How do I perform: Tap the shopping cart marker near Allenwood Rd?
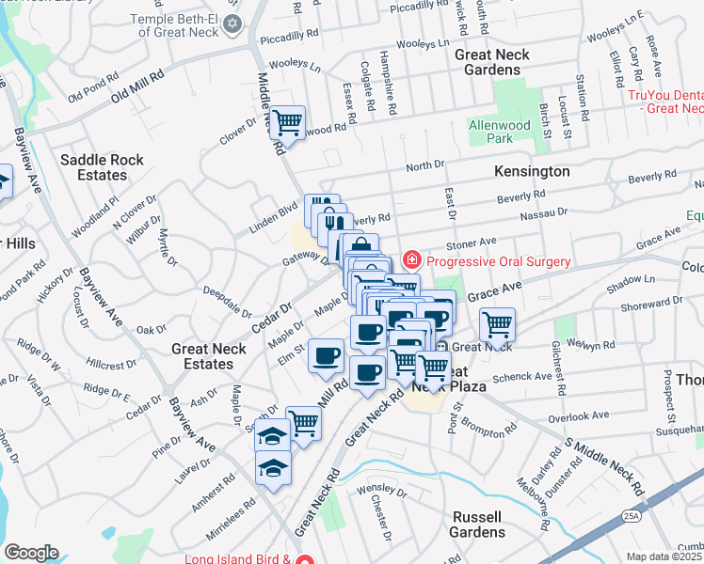(x=288, y=122)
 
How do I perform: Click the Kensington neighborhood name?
(x=532, y=172)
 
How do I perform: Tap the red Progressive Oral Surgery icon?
(x=410, y=259)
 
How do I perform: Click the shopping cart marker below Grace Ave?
(x=497, y=325)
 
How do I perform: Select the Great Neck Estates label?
(x=209, y=356)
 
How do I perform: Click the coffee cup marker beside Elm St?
(x=327, y=356)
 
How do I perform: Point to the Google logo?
(x=31, y=552)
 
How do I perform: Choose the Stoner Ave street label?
(x=472, y=243)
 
